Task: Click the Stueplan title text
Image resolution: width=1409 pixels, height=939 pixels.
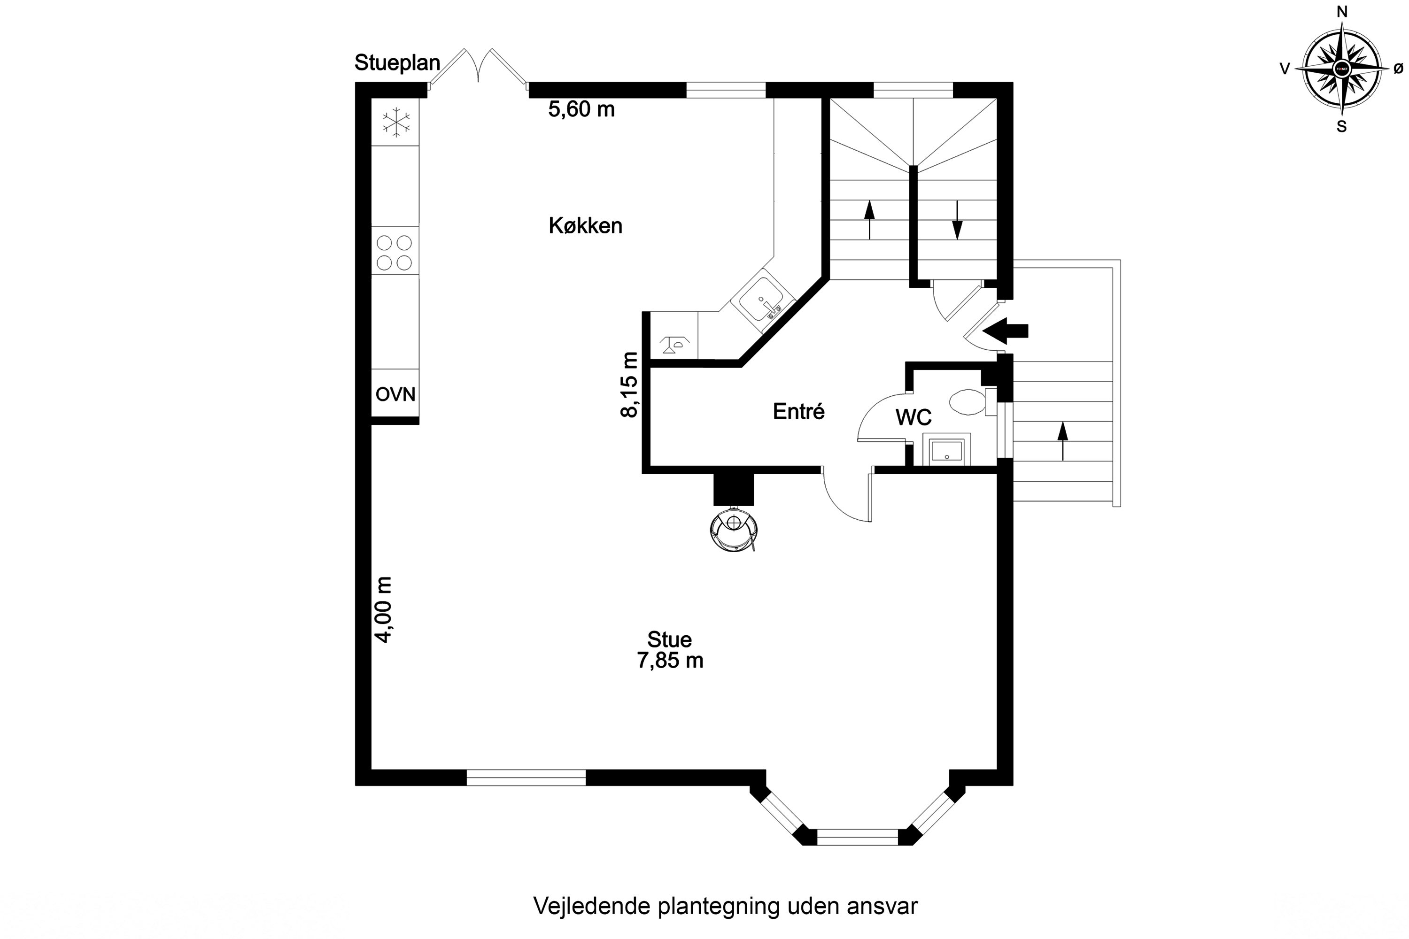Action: pyautogui.click(x=397, y=63)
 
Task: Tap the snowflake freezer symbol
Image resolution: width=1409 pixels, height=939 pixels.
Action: pyautogui.click(x=396, y=122)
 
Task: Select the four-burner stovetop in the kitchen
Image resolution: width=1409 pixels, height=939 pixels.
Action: pyautogui.click(x=395, y=252)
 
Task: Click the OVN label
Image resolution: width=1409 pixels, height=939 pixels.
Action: pyautogui.click(x=395, y=394)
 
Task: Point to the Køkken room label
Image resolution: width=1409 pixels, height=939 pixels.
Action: pyautogui.click(x=585, y=226)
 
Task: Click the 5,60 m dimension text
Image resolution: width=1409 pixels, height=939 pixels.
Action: pyautogui.click(x=581, y=109)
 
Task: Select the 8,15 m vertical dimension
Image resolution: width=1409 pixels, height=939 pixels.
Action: pyautogui.click(x=630, y=385)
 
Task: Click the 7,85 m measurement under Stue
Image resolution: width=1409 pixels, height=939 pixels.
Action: pyautogui.click(x=670, y=661)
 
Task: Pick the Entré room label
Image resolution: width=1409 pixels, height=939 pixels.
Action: pyautogui.click(x=798, y=411)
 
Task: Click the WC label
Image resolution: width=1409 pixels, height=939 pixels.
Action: pyautogui.click(x=913, y=417)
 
